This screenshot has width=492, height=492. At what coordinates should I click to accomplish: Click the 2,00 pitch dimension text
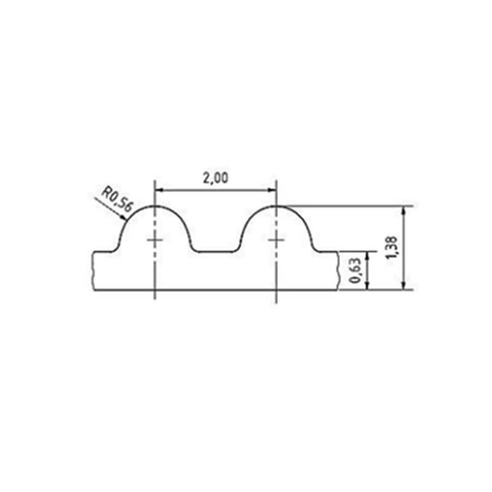coord(216,178)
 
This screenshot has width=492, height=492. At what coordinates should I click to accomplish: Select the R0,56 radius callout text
coord(117,199)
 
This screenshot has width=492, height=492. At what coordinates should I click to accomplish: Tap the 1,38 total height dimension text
coord(392,248)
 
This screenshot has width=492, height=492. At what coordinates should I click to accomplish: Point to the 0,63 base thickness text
coord(355,271)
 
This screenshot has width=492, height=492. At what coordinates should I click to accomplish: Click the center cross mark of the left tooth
coord(155,240)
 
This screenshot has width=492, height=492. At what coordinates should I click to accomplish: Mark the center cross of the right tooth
coord(276,240)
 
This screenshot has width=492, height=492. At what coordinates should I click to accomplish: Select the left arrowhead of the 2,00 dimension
coord(159,190)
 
